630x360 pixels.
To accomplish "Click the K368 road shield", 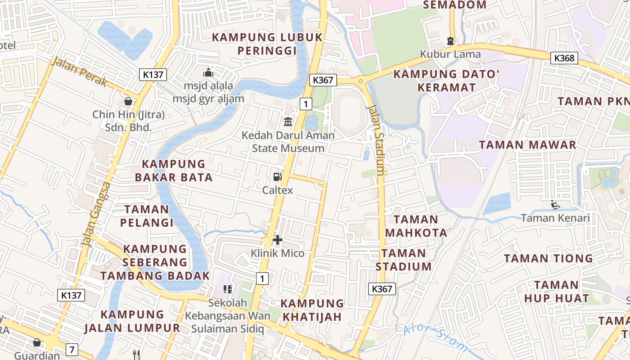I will tap(564, 58).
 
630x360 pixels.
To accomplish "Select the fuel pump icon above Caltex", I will tap(278, 177).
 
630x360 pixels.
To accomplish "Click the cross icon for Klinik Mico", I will tap(278, 240).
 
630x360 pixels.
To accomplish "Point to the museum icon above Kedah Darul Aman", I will tap(288, 121).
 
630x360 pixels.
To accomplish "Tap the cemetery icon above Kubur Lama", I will tap(450, 41).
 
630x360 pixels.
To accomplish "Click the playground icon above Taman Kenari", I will tap(555, 205).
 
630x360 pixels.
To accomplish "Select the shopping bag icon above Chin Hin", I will tap(128, 101).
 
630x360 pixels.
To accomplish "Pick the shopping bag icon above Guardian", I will tap(37, 343).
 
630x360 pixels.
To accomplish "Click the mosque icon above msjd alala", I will tap(208, 72).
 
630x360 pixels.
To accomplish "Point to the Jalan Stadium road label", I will tap(377, 140).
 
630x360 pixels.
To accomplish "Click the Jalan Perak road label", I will tap(79, 72).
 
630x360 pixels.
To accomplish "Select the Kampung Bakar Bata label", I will tap(174, 171).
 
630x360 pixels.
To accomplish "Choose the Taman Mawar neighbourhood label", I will tap(527, 145).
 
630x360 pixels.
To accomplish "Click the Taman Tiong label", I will tap(548, 258).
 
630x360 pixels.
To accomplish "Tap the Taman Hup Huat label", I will tap(557, 292).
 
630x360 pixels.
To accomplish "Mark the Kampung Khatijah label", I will tap(312, 310).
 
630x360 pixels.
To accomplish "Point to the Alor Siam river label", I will tap(436, 338).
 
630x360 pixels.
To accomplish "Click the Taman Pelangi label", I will tap(147, 216).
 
